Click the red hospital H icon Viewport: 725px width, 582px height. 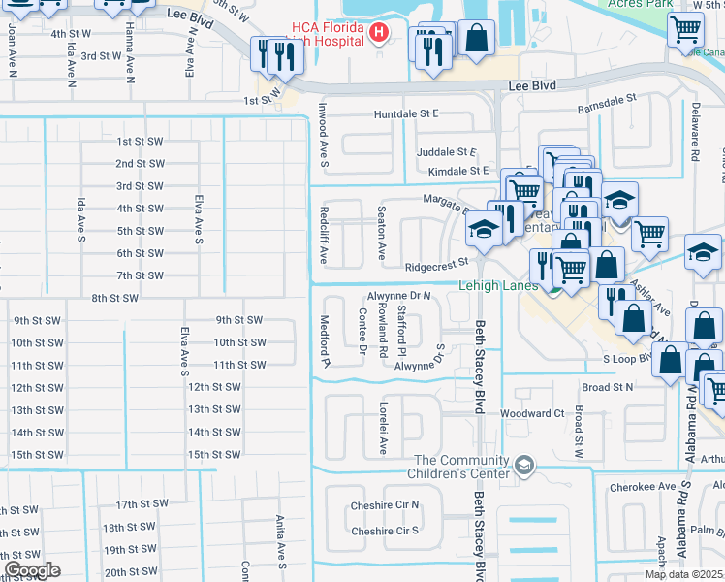tap(379, 35)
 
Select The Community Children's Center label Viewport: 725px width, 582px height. tap(461, 467)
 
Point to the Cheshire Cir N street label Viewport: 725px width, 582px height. tap(385, 504)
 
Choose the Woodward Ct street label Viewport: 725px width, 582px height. tap(532, 413)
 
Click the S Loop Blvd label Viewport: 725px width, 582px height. tap(631, 359)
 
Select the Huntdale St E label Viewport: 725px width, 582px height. tap(407, 113)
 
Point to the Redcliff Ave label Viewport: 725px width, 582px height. tap(325, 234)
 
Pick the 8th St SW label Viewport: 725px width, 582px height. tap(114, 298)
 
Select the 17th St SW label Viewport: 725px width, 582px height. tap(142, 504)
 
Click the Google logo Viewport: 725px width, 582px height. tap(32, 570)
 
